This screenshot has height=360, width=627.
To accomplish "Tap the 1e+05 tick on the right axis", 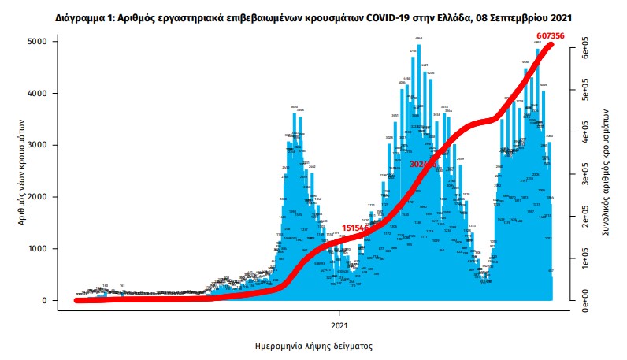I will tap(585, 258).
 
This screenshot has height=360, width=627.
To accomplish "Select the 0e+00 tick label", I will tap(585, 300).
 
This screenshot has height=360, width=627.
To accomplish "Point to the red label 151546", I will tap(347, 227).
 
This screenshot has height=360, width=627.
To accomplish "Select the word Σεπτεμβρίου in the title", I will tap(523, 16).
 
